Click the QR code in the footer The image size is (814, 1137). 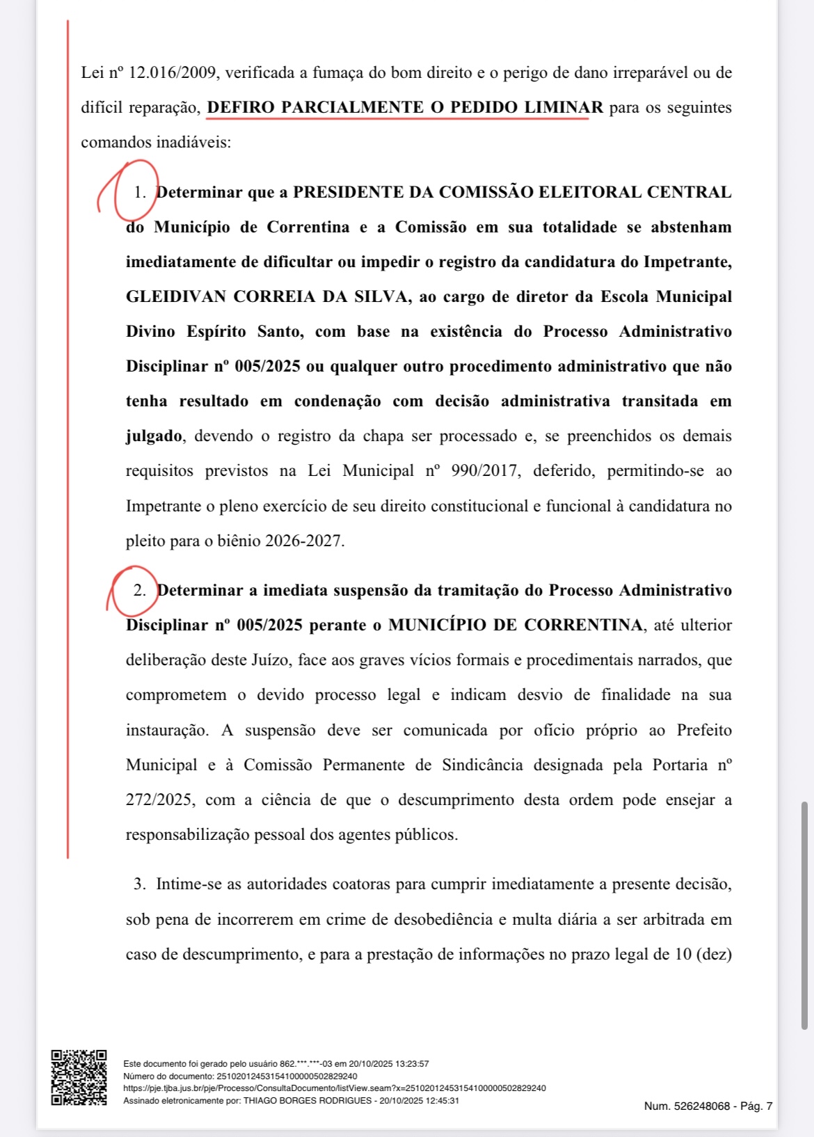(x=79, y=1077)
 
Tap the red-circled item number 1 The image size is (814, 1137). (x=140, y=192)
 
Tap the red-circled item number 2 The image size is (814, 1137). (x=140, y=590)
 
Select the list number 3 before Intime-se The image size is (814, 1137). (x=140, y=884)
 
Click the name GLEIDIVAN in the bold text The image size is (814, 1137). (x=175, y=296)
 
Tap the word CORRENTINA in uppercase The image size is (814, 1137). (x=583, y=625)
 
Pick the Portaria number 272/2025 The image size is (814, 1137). (x=159, y=800)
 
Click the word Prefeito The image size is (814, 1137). (x=704, y=730)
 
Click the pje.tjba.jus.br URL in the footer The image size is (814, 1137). (x=334, y=1088)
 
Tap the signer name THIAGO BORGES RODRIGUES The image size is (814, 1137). (x=308, y=1100)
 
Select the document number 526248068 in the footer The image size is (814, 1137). (x=701, y=1106)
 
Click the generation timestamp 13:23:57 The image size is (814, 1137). (x=412, y=1064)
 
